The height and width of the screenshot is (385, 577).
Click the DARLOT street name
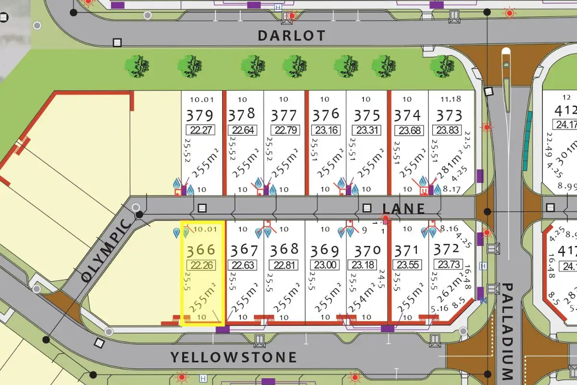click(x=291, y=36)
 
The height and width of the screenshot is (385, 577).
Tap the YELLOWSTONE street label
click(x=234, y=357)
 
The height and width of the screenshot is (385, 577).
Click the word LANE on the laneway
click(x=403, y=208)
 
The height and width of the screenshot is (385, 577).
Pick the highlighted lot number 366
click(x=201, y=250)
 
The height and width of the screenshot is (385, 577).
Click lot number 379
click(x=200, y=115)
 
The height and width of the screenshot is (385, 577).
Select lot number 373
click(x=449, y=115)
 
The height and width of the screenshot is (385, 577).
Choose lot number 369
click(x=325, y=251)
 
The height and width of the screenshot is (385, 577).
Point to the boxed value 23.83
click(x=448, y=130)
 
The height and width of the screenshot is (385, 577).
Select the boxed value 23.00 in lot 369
click(x=325, y=265)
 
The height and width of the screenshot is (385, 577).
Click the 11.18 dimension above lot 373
click(x=451, y=99)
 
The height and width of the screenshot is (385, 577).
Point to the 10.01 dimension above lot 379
click(x=201, y=100)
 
